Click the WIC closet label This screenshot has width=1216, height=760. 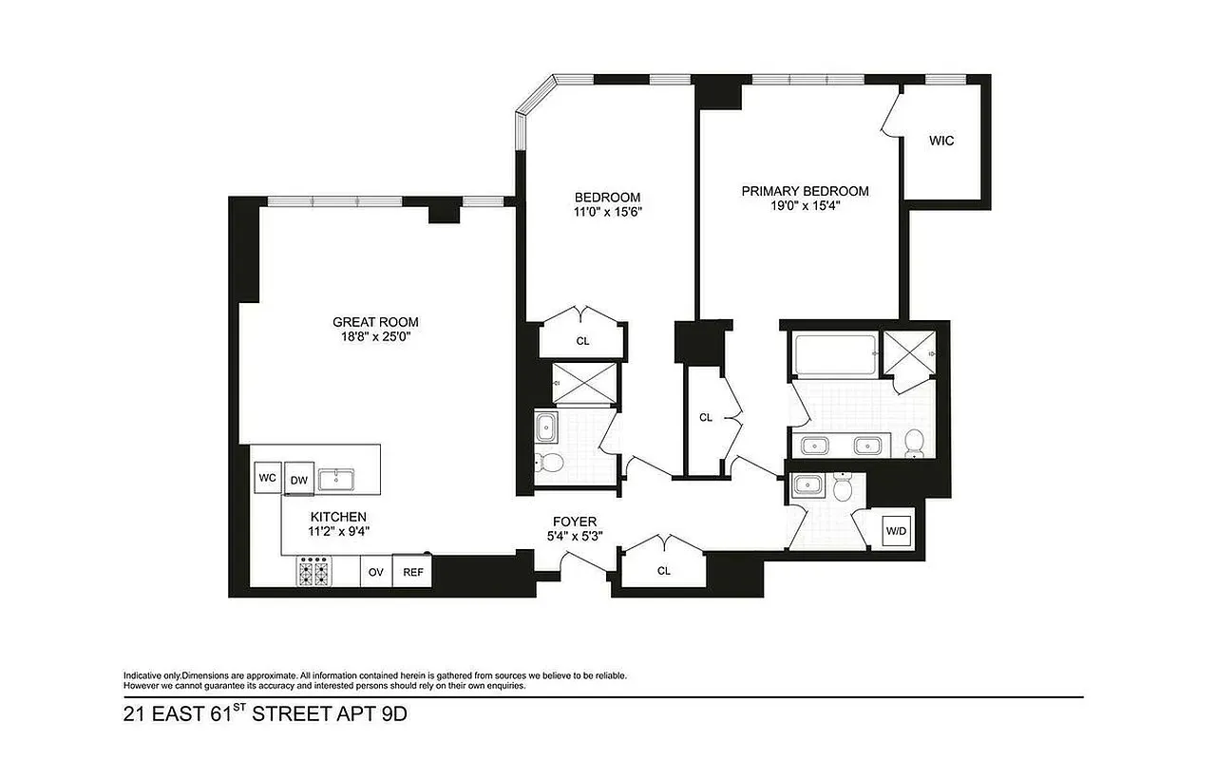click(941, 141)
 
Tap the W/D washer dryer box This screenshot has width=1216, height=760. click(896, 530)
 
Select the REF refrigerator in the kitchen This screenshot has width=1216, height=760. click(413, 572)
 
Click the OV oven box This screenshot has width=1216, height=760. click(376, 572)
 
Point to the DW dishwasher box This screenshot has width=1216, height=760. click(299, 480)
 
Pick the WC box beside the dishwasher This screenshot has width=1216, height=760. click(267, 478)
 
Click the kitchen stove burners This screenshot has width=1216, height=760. click(314, 573)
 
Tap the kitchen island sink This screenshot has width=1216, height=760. click(336, 480)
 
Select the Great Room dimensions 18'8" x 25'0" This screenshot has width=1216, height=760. click(375, 336)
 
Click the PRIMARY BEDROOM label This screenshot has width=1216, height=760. click(805, 191)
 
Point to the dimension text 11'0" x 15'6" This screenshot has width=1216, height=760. click(609, 212)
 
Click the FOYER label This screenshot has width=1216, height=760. click(575, 522)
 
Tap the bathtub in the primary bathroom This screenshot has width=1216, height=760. click(832, 354)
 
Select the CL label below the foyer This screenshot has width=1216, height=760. click(664, 571)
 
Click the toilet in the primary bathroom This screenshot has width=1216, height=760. click(914, 442)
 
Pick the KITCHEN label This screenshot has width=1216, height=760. click(338, 516)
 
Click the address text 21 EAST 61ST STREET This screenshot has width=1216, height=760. click(265, 713)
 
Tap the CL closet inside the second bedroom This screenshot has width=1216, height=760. click(582, 340)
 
